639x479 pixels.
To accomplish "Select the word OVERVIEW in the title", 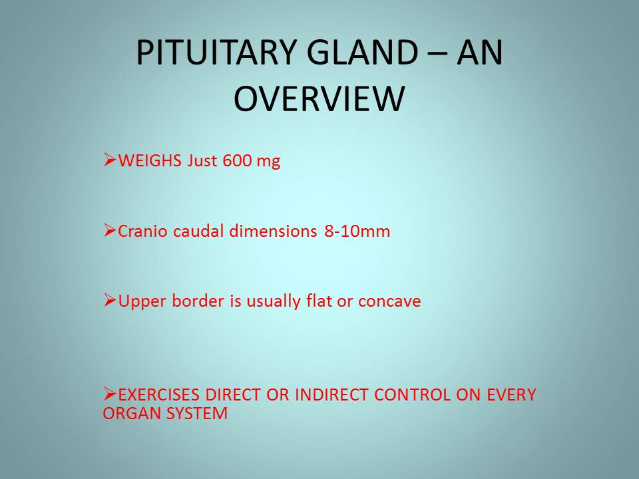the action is point(319,98).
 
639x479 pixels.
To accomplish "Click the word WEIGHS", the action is point(150,160).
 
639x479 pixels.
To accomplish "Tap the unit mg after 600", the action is point(268,162).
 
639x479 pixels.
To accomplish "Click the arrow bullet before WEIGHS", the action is point(110,160).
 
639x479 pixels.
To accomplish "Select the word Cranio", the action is point(142,232).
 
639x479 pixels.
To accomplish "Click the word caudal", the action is point(198,232).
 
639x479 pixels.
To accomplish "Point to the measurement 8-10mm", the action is point(357,232).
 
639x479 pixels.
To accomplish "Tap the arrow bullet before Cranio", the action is point(110,230).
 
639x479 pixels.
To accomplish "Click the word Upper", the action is point(142,302).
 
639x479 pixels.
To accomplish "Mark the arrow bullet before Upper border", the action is point(110,300).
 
